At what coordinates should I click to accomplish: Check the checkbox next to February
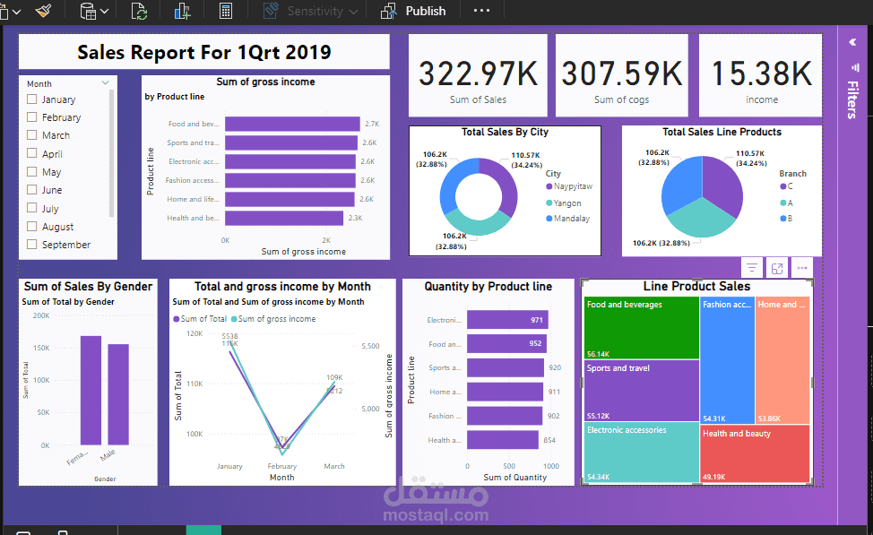(32, 117)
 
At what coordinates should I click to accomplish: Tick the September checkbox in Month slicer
(32, 245)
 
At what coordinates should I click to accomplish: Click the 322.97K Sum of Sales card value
(476, 73)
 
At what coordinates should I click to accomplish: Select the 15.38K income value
(761, 73)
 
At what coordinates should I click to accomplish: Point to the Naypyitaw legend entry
(572, 186)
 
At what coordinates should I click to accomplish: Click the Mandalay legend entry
(571, 219)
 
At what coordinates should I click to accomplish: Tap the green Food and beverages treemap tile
(641, 327)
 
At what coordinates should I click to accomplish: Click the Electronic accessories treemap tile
(641, 453)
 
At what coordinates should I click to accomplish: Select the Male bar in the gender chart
(118, 394)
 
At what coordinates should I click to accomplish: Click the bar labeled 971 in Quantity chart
(507, 320)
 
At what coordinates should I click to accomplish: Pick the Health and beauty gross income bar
(283, 218)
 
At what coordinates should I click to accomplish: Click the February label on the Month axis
(282, 467)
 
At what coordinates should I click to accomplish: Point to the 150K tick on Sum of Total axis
(41, 348)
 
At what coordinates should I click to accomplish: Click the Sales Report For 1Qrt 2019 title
(204, 52)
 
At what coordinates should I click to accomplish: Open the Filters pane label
(851, 99)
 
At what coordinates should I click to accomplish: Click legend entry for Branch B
(789, 219)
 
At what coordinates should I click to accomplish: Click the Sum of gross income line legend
(276, 319)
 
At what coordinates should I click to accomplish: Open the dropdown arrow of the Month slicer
(105, 83)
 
